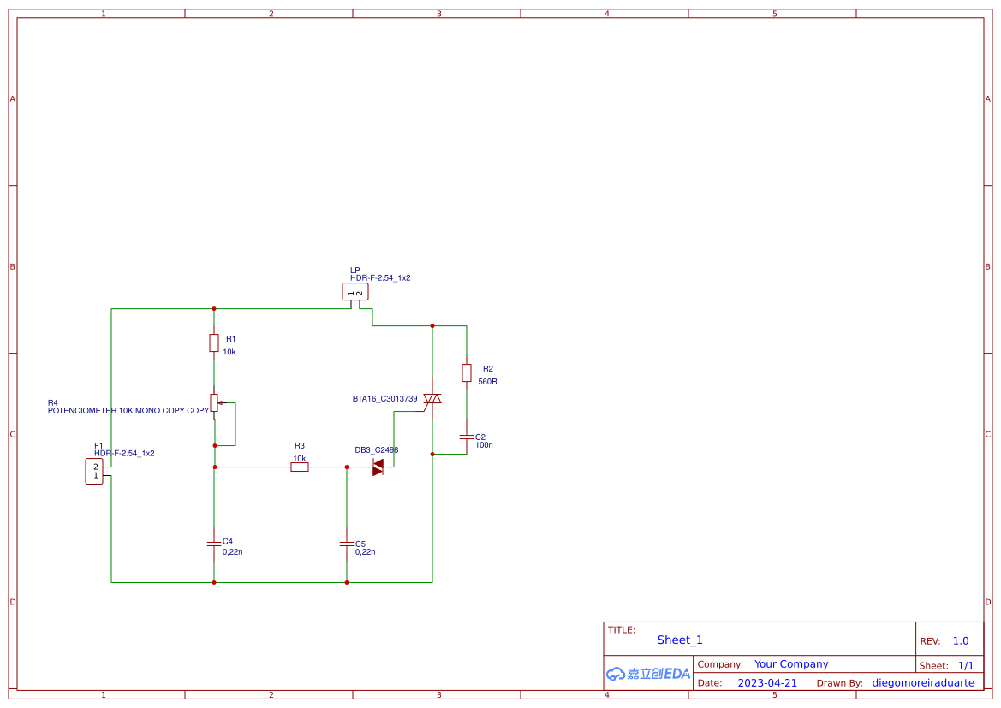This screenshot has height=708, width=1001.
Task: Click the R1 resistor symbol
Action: point(214,343)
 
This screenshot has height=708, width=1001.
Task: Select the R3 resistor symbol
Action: point(299,467)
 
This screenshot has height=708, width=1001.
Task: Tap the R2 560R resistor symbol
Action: point(467,372)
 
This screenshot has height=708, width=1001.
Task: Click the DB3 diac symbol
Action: point(378,467)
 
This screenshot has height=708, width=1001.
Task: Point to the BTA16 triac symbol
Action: point(432,399)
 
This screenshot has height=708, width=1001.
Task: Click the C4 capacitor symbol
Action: point(214,544)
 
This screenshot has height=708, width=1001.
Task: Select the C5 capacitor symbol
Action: point(347,544)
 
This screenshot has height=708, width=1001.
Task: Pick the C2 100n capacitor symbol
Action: point(467,437)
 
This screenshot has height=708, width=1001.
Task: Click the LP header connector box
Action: point(355,292)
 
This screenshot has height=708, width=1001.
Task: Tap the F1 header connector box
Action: point(95,472)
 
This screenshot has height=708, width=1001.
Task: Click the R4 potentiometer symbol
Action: point(214,402)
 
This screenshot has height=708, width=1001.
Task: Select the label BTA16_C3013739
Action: point(385,399)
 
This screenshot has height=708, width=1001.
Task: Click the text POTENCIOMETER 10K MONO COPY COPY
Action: point(128,411)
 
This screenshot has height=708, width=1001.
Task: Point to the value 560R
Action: point(487,382)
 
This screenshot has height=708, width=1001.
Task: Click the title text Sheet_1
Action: point(680,640)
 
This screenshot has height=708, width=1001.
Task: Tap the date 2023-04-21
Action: point(767,683)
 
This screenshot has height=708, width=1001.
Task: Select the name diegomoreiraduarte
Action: point(923,683)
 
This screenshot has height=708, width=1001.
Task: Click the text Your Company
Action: point(791,664)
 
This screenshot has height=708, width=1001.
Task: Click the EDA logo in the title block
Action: point(647,674)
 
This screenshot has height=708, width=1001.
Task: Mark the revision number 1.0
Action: point(961,640)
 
